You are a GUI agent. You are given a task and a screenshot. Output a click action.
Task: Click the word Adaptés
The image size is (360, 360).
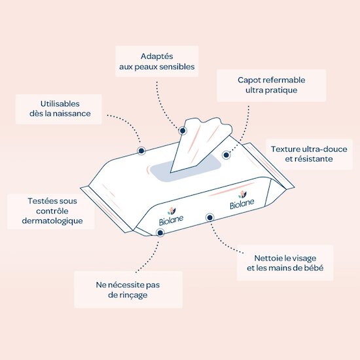coord(157,56)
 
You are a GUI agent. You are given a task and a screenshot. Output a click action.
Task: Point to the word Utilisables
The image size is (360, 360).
coord(60,104)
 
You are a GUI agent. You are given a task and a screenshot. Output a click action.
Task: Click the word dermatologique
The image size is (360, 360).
coord(52,221)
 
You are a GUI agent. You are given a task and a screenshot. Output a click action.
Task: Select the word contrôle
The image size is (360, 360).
coord(52,211)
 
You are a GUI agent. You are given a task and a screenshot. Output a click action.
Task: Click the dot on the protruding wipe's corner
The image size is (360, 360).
coord(183,131)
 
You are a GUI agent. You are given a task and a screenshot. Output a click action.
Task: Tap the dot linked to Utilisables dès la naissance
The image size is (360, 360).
coord(141,151)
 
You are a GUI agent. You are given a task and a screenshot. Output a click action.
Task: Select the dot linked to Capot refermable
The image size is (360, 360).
coord(226,155)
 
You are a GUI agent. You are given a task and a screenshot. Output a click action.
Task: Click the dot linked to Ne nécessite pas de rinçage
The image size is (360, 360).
coord(160,233)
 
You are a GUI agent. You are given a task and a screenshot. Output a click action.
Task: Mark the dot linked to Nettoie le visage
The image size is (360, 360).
coord(209,217)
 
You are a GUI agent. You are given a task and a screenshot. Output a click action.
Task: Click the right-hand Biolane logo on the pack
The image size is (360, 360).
coord(242,200)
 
